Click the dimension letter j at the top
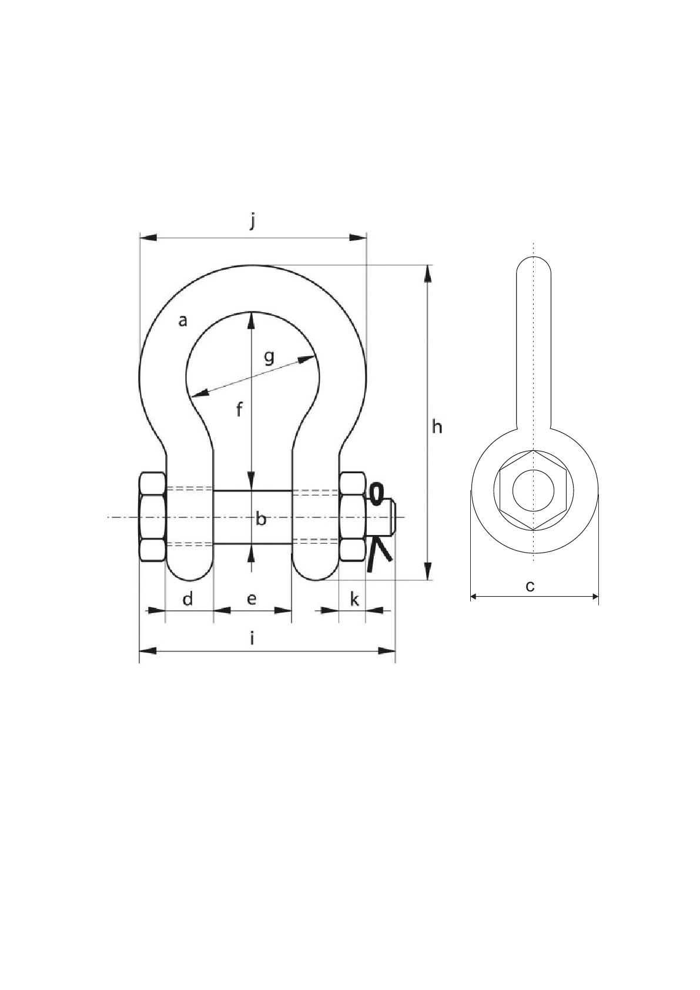[x=253, y=222]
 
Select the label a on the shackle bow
[x=183, y=321]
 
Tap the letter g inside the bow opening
[x=269, y=357]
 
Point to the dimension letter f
[x=239, y=409]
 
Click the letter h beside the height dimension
[x=437, y=427]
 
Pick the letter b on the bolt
[x=262, y=520]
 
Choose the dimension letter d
[x=187, y=599]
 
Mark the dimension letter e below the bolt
[x=252, y=599]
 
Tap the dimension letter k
[x=354, y=600]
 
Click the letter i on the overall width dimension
[x=253, y=639]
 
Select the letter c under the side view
[x=530, y=586]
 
